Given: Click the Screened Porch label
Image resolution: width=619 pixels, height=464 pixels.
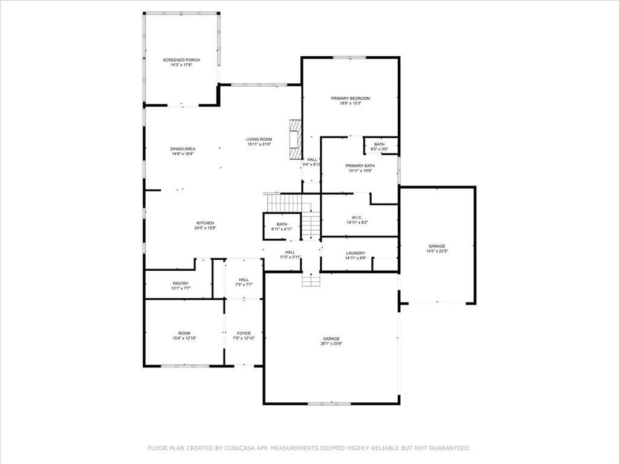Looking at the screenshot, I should (x=181, y=60).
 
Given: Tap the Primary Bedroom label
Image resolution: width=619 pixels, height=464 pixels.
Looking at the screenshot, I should (x=350, y=98).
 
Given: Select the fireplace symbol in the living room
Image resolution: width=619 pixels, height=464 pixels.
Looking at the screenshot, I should (x=295, y=139).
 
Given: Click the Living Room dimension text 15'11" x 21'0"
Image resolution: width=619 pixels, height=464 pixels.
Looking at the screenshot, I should (x=259, y=144).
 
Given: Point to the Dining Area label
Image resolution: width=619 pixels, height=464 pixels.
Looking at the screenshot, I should (x=183, y=149).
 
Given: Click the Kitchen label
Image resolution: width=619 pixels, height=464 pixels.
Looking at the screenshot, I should (x=205, y=223).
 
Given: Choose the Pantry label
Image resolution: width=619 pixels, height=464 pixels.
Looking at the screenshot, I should (x=180, y=283).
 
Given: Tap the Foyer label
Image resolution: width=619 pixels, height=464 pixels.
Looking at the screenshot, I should (x=244, y=333).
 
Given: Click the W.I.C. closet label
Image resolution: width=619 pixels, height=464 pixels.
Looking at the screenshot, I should (x=357, y=217).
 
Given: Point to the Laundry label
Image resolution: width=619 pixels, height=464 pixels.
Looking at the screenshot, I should (x=355, y=253).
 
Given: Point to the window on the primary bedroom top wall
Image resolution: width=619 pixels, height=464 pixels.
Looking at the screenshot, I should (x=349, y=57).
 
